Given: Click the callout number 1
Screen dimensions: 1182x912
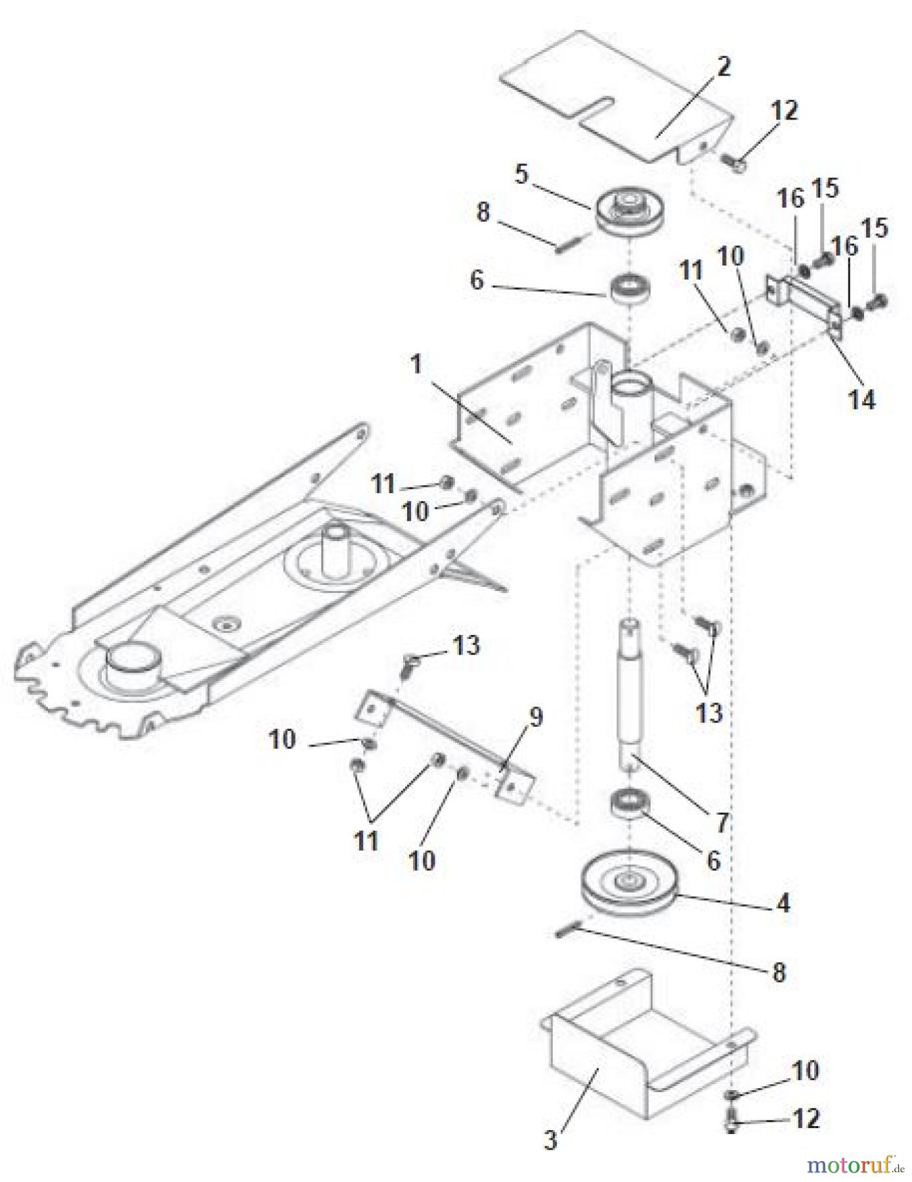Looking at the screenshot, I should coord(416,364).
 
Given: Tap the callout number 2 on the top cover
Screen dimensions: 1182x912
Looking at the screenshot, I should coord(722,66).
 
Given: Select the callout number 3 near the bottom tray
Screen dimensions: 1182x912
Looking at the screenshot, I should coord(550,1140).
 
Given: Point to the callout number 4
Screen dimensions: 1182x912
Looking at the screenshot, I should coord(783,904).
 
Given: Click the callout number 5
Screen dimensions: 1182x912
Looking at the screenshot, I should coord(521,174).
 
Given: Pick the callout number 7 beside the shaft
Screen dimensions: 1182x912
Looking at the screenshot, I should coord(722,821).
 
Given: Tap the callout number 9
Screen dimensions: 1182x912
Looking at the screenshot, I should coord(536,718).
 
